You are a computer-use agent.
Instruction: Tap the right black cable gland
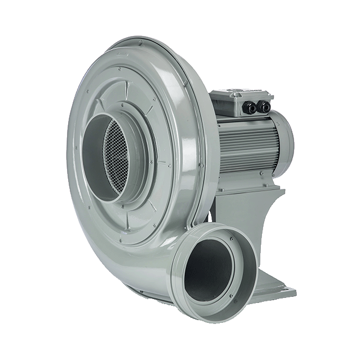(265, 105)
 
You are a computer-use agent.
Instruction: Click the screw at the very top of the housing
(140, 42)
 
